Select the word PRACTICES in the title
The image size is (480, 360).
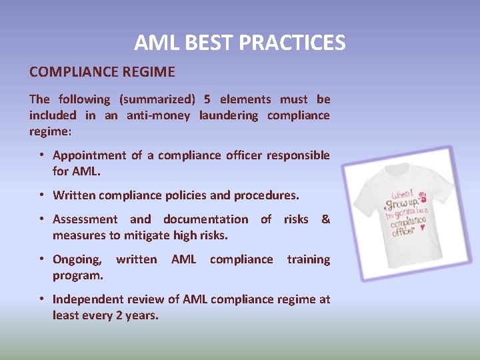(292, 43)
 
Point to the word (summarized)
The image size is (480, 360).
(157, 100)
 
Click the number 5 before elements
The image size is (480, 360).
(207, 99)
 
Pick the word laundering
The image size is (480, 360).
(228, 115)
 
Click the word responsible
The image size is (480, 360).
(298, 155)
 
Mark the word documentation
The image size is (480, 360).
(205, 219)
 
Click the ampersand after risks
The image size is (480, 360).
(325, 219)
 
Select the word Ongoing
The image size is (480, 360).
(77, 259)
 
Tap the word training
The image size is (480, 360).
(308, 259)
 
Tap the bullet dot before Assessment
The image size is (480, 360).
(41, 219)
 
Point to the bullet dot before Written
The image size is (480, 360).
(41, 195)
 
